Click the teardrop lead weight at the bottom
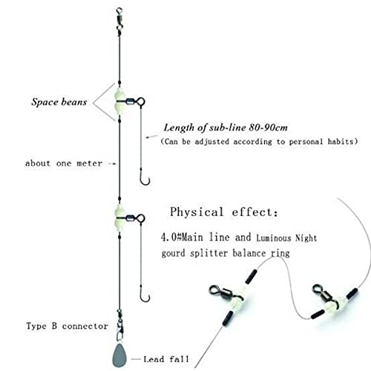[x=119, y=355]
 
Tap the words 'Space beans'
[x=59, y=102]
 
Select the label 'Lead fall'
[x=166, y=359]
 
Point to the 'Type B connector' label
[x=67, y=326]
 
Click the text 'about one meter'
[x=64, y=163]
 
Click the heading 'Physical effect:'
[x=224, y=212]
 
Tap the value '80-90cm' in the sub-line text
[x=269, y=128]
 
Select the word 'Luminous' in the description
[x=274, y=238]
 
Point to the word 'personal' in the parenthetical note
[x=306, y=142]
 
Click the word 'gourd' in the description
[x=173, y=254]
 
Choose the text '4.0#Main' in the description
[x=182, y=237]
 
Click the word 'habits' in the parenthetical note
[x=341, y=142]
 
